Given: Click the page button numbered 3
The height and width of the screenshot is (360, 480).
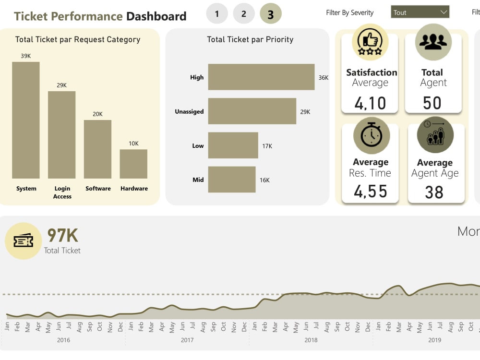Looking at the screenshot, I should coord(271,14).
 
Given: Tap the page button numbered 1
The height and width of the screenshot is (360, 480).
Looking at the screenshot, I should coord(217,14).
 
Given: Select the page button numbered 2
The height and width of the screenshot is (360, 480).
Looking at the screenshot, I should coord(244,14).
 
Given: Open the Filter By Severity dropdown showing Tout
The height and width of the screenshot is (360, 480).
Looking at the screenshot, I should coord(420,12).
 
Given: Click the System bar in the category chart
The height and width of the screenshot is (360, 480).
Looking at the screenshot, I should coord(26,120).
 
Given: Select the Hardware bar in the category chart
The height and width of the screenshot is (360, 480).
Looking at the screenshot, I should coord(133,164).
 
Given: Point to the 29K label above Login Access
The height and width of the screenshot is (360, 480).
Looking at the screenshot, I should coord(61,85).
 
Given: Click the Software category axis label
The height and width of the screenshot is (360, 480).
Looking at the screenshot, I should coord(98,189).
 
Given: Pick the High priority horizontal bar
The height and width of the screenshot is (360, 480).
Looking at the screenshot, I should coord(261,77).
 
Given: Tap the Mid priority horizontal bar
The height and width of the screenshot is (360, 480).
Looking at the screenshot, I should coord(231,180).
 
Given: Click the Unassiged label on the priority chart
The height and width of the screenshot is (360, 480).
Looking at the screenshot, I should coord(189,111).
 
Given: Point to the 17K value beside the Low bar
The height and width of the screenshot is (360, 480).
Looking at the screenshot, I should coord(267,146).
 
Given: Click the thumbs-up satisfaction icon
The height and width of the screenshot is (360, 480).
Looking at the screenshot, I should coord(370,42).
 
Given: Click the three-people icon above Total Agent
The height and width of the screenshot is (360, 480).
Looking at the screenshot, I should coord(433,42).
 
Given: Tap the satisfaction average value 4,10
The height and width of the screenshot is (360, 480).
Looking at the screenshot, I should coord(370,103).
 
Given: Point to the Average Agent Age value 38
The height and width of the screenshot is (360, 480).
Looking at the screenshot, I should coord(434,192).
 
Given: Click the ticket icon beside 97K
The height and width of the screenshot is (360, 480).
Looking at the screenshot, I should coord(23,241).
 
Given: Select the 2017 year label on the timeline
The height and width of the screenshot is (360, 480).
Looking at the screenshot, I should coord(187,340).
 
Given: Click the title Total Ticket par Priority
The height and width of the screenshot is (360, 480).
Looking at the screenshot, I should coord(250,39).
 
